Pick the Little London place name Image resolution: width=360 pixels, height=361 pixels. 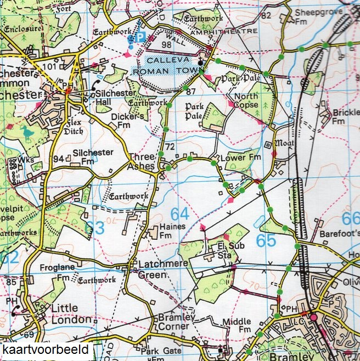[x=71, y=313]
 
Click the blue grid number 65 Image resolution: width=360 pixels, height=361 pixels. [x=266, y=240]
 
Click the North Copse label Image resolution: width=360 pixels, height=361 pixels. [x=246, y=101]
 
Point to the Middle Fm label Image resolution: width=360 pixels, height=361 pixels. [x=237, y=326]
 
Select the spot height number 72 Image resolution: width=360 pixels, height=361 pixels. [x=170, y=147]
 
